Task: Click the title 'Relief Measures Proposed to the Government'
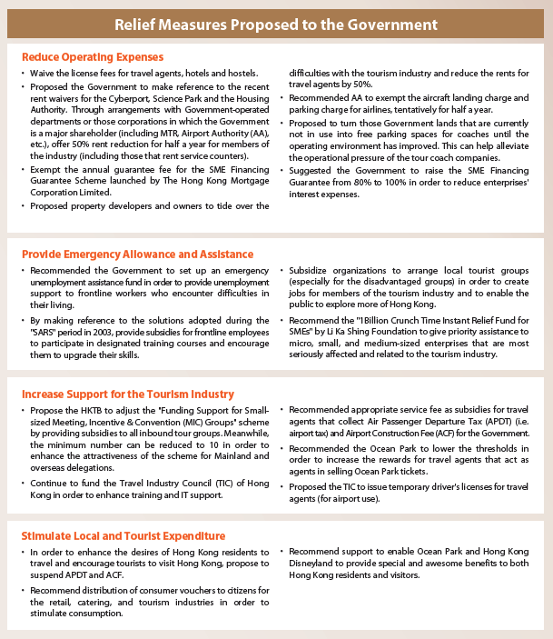pos(276,24)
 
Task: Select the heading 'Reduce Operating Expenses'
pos(92,57)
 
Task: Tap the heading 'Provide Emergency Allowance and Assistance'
pos(137,255)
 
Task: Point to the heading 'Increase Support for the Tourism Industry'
pos(127,394)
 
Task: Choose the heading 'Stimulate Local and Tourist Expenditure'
pos(124,535)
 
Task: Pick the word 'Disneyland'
pos(319,564)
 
